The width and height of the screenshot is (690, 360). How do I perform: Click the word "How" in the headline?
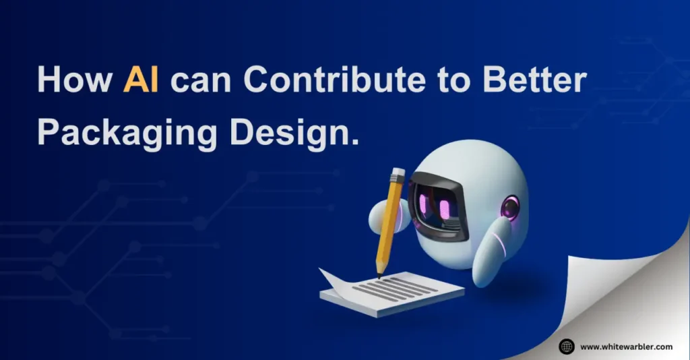(75, 80)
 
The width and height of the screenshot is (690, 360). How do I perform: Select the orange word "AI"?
(141, 80)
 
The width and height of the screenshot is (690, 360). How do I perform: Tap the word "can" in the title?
(201, 83)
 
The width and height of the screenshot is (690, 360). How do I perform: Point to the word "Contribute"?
(334, 80)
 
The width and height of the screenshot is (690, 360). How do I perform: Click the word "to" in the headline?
(453, 82)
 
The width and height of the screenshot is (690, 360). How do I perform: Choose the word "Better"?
(534, 80)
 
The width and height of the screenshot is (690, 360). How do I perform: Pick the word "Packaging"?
(127, 133)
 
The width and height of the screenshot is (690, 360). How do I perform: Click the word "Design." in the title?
(294, 133)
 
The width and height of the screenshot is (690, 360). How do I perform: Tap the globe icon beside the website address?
(566, 347)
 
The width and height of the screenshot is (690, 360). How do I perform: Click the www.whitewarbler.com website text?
(626, 347)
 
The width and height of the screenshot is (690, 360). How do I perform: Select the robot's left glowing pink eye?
(423, 203)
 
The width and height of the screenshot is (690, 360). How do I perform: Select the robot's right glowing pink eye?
(445, 208)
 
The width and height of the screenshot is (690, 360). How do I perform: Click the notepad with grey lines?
(391, 293)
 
